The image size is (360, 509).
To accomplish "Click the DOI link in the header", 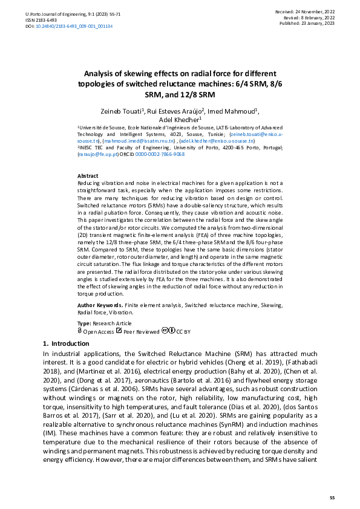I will click(x=73, y=27).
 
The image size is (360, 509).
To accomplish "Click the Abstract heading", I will click(x=88, y=175).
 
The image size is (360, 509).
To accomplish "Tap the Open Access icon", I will click(x=80, y=331).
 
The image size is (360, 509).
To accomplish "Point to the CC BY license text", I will click(x=183, y=331).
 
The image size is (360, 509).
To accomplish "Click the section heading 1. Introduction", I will click(x=67, y=343).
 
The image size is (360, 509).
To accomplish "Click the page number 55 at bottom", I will click(x=332, y=497).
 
